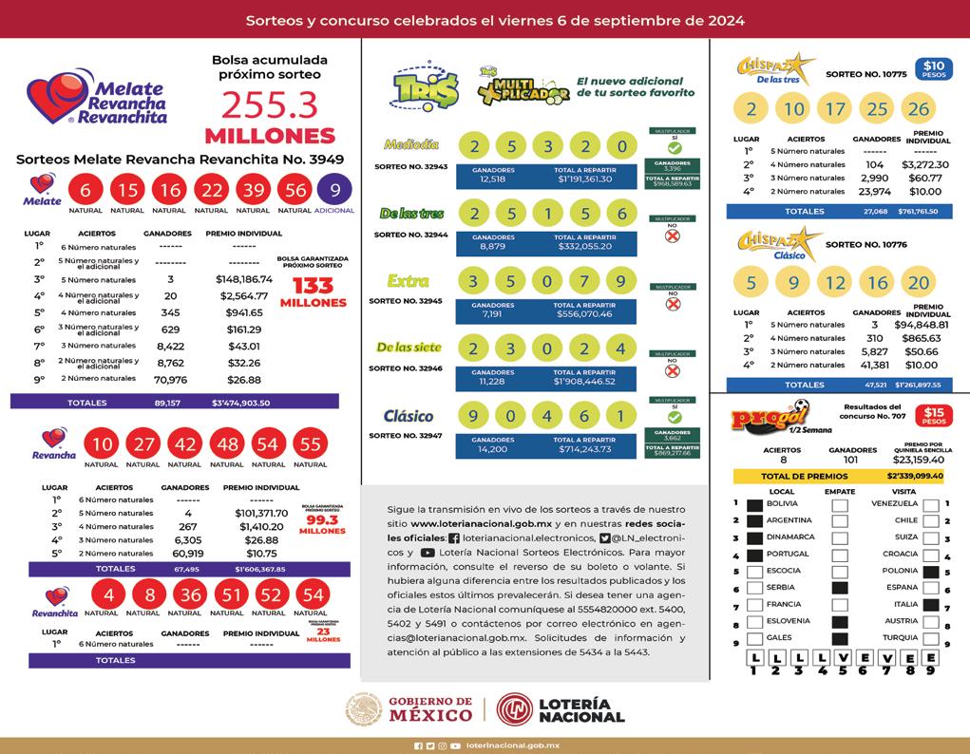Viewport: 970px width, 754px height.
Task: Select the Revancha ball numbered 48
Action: click(226, 444)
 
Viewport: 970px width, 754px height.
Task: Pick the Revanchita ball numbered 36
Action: click(192, 594)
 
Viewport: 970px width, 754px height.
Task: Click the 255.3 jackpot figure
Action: click(269, 105)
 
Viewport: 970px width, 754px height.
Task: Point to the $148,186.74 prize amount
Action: click(244, 279)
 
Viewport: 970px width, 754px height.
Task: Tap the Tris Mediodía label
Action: click(410, 144)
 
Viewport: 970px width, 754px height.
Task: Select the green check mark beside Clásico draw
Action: click(674, 416)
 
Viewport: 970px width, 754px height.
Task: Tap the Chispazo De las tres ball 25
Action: click(878, 109)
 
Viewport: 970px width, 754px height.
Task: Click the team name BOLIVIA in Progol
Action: click(782, 503)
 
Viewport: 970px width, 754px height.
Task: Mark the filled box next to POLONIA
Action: click(930, 572)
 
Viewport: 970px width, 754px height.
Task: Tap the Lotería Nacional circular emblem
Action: click(515, 709)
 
